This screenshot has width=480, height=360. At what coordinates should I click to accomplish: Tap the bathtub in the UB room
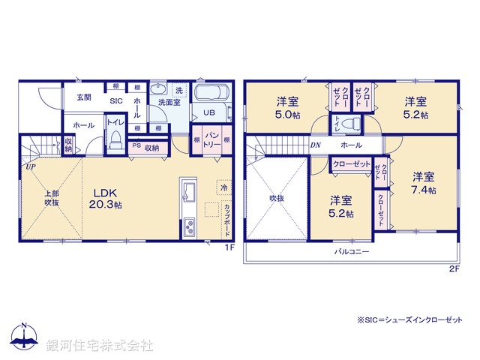(x=214, y=95)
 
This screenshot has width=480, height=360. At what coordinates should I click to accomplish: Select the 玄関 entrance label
(x=83, y=97)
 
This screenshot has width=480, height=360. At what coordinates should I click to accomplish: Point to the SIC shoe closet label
(x=116, y=100)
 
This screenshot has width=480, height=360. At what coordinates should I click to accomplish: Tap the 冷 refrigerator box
(x=223, y=187)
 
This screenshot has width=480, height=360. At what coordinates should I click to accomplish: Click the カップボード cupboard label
(x=227, y=217)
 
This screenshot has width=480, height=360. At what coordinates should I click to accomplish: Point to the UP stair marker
(x=29, y=167)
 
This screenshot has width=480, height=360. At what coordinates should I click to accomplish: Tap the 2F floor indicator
(x=454, y=268)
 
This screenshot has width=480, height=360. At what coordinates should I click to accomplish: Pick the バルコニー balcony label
(x=352, y=252)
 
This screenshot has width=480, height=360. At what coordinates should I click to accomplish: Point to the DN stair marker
(x=316, y=145)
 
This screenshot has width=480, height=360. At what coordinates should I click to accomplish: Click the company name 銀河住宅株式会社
(x=100, y=346)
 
